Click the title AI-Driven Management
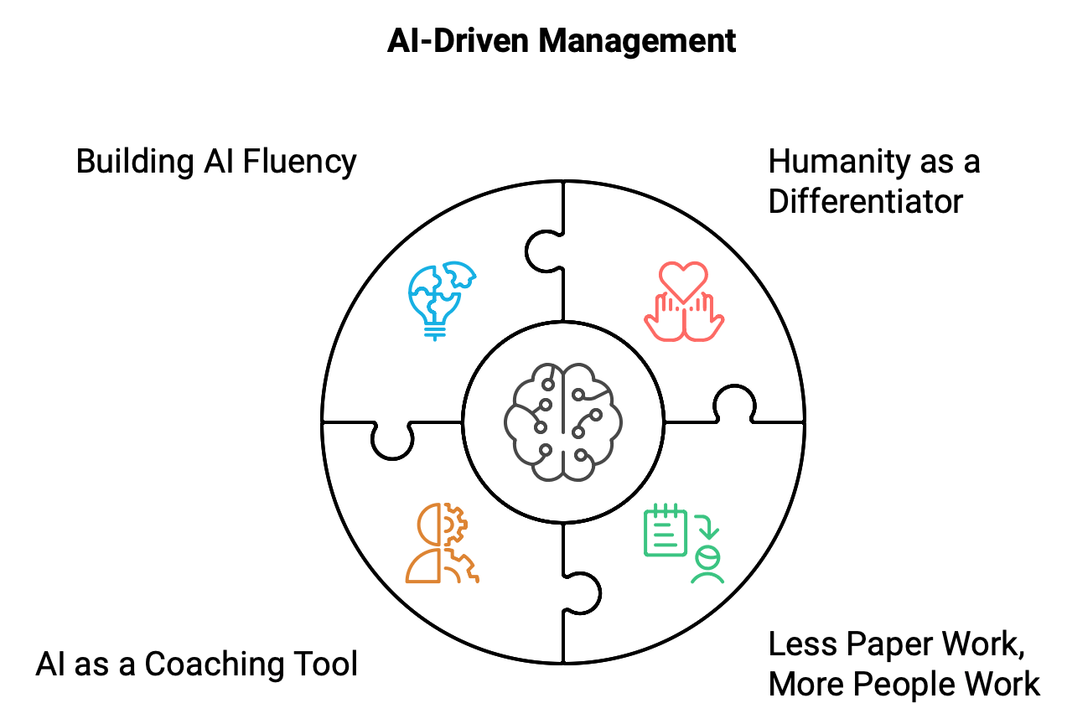(562, 40)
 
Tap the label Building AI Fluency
(216, 161)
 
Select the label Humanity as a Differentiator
(873, 181)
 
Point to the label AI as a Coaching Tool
(197, 664)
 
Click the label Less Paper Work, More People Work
(904, 664)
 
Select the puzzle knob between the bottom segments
(583, 593)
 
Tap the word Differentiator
(865, 201)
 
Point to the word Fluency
(299, 161)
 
